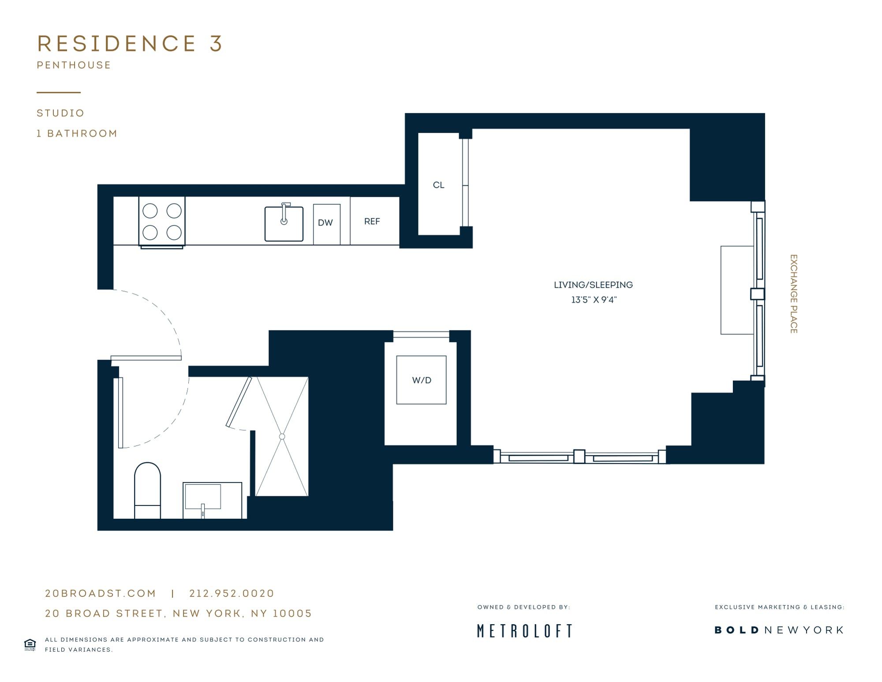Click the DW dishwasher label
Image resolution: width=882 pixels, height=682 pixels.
325,223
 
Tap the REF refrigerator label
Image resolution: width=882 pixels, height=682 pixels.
372,221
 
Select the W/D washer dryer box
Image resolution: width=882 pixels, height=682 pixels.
421,380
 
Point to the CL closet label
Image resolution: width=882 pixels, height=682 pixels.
438,185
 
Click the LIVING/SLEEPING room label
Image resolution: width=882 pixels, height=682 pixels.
593,285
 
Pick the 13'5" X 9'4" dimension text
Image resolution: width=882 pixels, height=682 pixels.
594,300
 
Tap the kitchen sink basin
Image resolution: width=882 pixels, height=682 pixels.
284,223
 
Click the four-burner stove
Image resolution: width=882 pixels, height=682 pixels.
162,221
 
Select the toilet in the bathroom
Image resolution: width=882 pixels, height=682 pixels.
147,490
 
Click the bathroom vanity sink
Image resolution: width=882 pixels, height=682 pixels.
213,500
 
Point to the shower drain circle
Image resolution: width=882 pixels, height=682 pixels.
282,437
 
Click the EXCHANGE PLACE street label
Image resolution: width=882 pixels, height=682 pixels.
793,294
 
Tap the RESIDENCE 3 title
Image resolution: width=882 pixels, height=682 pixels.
130,44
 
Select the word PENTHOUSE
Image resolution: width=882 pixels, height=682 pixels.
74,65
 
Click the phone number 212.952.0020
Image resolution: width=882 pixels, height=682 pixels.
232,593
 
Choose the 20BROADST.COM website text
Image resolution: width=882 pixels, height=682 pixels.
101,593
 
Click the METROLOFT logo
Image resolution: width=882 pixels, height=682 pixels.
525,631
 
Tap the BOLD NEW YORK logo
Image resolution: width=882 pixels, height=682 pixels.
779,630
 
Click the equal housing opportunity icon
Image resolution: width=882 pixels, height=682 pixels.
30,645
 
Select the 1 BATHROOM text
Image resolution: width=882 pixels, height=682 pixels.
77,134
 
